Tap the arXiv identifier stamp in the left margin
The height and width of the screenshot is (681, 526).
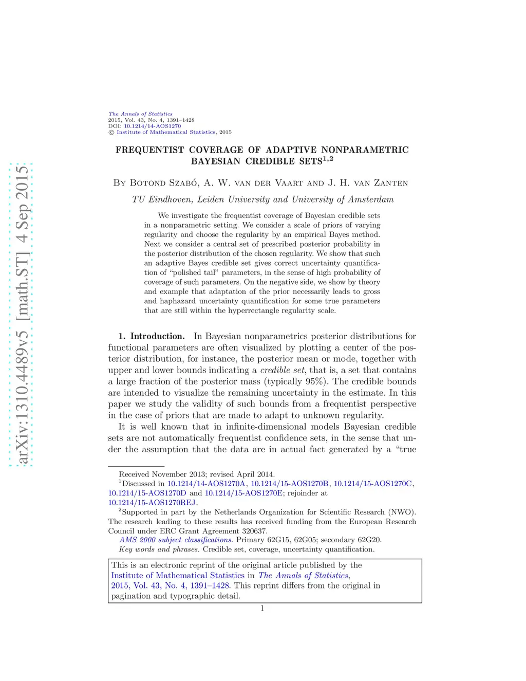tap(21, 314)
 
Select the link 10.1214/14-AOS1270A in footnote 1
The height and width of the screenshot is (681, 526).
tap(206, 484)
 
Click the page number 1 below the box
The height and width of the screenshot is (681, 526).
tap(262, 609)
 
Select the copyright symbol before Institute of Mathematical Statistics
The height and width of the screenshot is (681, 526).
tap(111, 133)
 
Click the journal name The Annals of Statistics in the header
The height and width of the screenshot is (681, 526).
tap(140, 114)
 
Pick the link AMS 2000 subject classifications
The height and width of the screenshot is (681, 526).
tap(176, 540)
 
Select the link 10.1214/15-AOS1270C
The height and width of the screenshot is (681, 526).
tap(373, 484)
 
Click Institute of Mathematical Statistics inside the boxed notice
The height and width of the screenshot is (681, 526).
tap(178, 576)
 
